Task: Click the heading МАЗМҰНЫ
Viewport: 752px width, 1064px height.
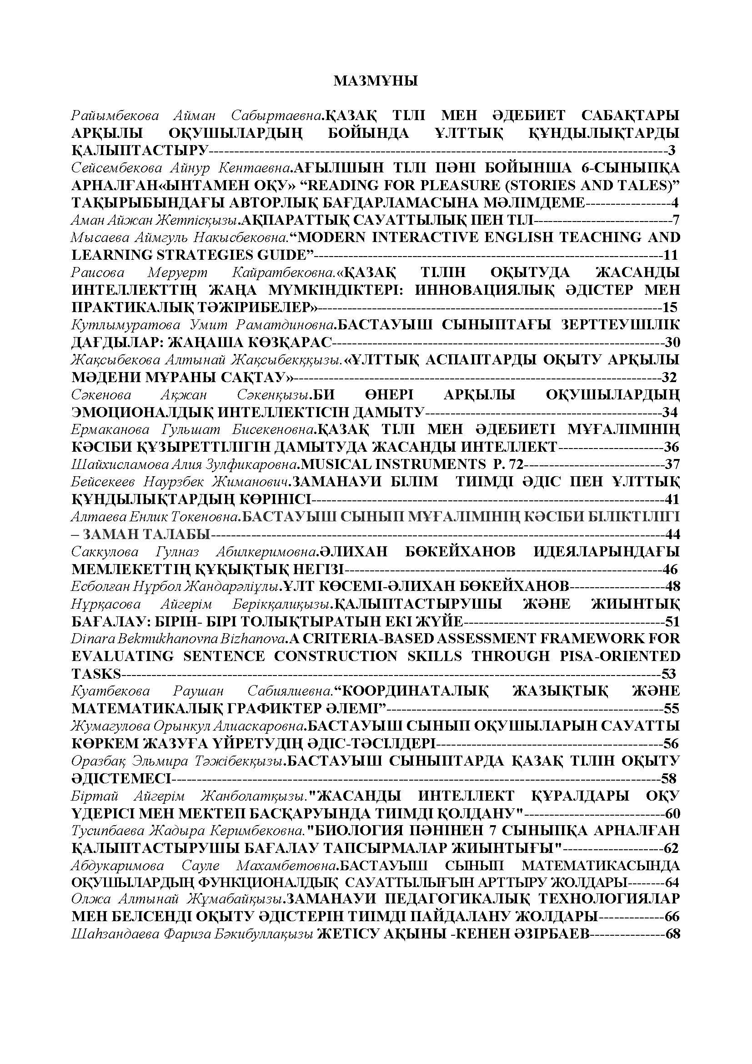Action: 376,81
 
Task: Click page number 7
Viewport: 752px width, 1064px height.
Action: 676,220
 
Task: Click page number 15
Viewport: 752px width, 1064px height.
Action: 670,307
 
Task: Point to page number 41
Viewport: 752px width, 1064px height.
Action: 672,499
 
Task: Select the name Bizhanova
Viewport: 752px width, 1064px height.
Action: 259,639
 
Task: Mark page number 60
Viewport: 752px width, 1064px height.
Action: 672,813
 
